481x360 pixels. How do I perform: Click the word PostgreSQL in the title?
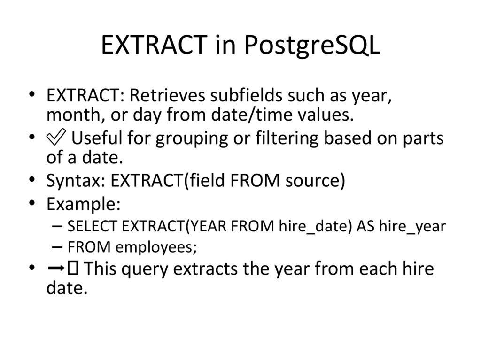click(x=312, y=46)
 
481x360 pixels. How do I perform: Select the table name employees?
click(x=153, y=246)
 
